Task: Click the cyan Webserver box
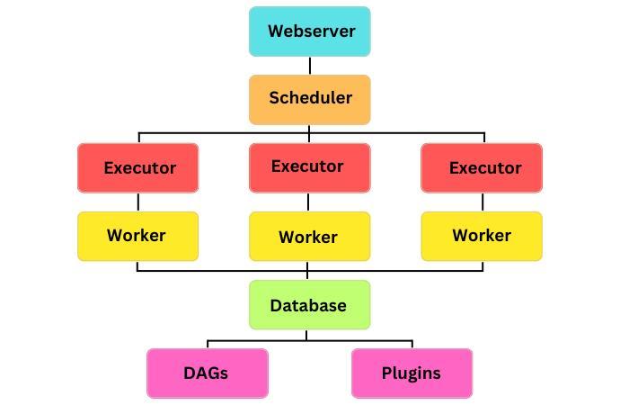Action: (x=309, y=31)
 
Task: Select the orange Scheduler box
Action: (x=309, y=99)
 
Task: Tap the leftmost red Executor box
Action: (x=138, y=167)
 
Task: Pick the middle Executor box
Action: (x=309, y=166)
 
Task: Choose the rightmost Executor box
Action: (x=482, y=167)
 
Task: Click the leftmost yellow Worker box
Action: (x=138, y=236)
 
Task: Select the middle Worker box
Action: (x=309, y=237)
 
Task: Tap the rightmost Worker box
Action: (x=482, y=236)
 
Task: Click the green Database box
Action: (x=309, y=304)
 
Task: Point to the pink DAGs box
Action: (x=208, y=373)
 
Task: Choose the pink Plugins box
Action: (x=412, y=373)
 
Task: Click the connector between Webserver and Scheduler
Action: (x=310, y=66)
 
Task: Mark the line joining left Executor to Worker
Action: (x=137, y=202)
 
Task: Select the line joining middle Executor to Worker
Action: (x=309, y=202)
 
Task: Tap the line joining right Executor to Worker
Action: (x=482, y=202)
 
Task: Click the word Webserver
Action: (x=311, y=31)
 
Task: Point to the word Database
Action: (x=308, y=305)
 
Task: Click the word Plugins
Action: (x=412, y=373)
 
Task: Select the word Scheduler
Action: (x=310, y=98)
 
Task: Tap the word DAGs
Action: (x=206, y=373)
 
